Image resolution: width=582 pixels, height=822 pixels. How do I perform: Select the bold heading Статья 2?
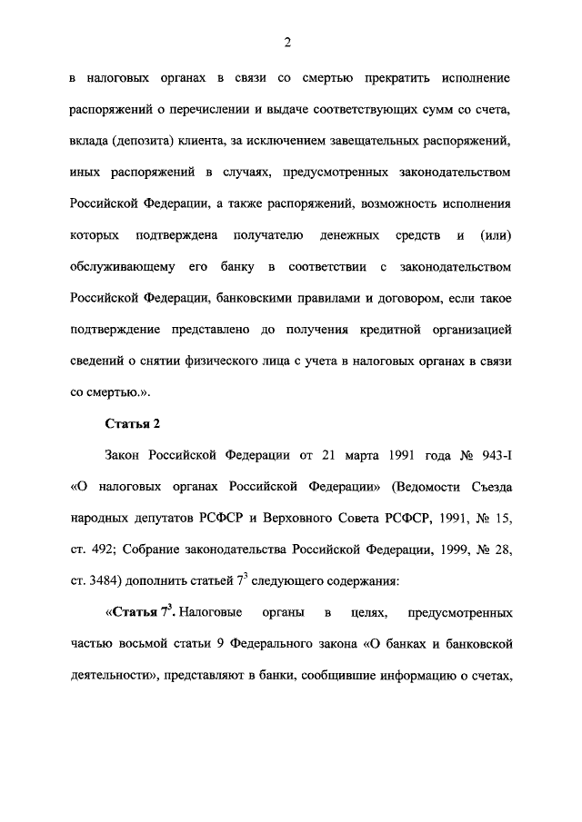point(133,424)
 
